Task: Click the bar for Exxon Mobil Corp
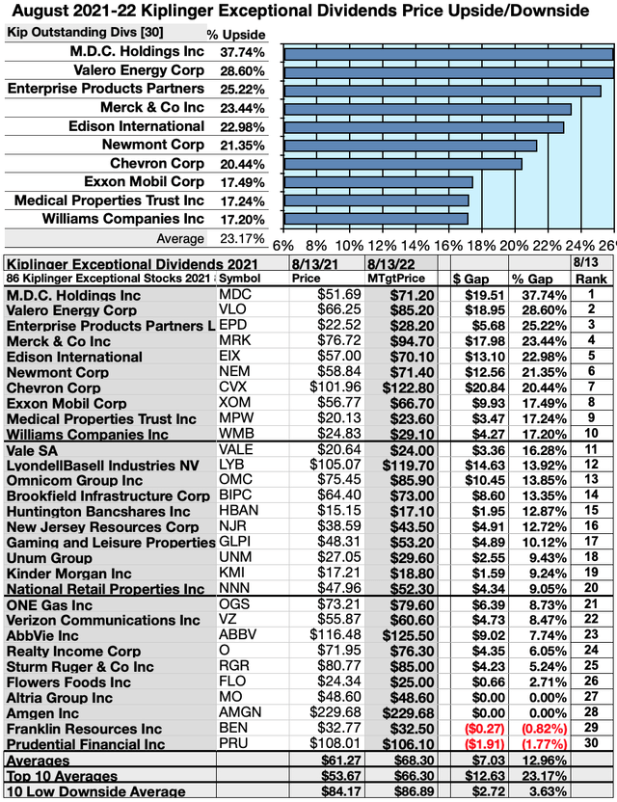pyautogui.click(x=378, y=181)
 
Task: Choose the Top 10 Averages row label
pyautogui.click(x=63, y=776)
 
